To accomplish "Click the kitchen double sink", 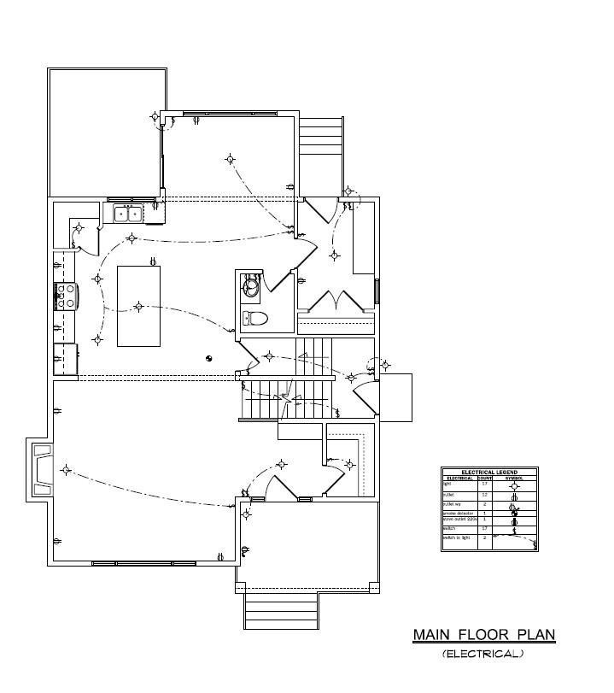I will [x=128, y=214].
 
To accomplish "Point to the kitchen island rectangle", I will [x=138, y=306].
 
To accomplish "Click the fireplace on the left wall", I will [x=42, y=470].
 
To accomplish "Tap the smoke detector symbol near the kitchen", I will [x=208, y=358].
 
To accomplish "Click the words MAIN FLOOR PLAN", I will [x=484, y=635].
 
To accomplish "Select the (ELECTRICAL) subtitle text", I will [x=482, y=655].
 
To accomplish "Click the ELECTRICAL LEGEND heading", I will [x=489, y=472].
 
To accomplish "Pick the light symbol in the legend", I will [x=513, y=485].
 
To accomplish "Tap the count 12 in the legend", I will [x=484, y=495].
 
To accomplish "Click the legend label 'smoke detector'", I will [x=456, y=513].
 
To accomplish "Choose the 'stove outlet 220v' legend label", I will [x=458, y=520].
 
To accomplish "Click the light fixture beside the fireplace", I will [x=67, y=469].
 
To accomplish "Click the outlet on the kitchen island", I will [x=152, y=261].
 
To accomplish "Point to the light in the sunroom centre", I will [x=230, y=158].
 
